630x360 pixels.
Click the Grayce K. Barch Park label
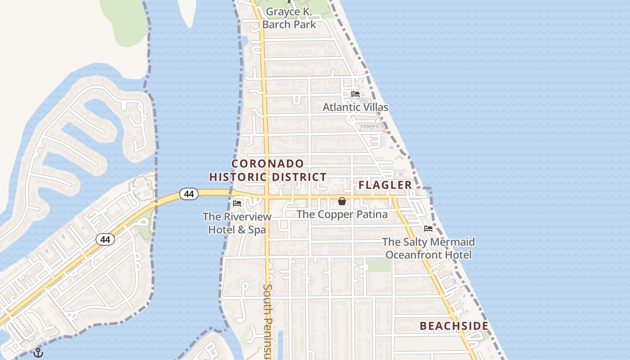[x=289, y=18]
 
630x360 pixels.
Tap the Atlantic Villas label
[x=355, y=107]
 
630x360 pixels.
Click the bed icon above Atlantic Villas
[x=355, y=94]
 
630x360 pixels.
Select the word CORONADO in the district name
[x=268, y=163]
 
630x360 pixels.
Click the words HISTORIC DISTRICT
[x=268, y=177]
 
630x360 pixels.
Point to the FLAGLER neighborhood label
[x=385, y=185]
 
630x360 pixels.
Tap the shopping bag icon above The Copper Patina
[x=342, y=201]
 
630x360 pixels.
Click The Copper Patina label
[x=342, y=214]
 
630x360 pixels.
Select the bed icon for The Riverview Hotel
[x=237, y=203]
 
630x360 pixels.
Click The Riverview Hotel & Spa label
[x=237, y=223]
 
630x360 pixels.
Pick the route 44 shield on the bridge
[x=189, y=194]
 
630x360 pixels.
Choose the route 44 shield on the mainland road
[x=105, y=239]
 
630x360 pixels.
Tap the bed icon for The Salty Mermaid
[x=428, y=229]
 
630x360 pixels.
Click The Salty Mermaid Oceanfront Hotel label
[x=428, y=248]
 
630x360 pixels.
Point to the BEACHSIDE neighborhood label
[x=454, y=326]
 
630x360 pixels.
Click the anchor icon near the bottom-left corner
[x=38, y=353]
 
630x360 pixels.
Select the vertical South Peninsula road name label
[x=268, y=322]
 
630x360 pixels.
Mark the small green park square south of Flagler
[x=379, y=265]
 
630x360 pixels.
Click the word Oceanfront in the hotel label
[x=413, y=255]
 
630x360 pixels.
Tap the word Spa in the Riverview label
[x=258, y=230]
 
